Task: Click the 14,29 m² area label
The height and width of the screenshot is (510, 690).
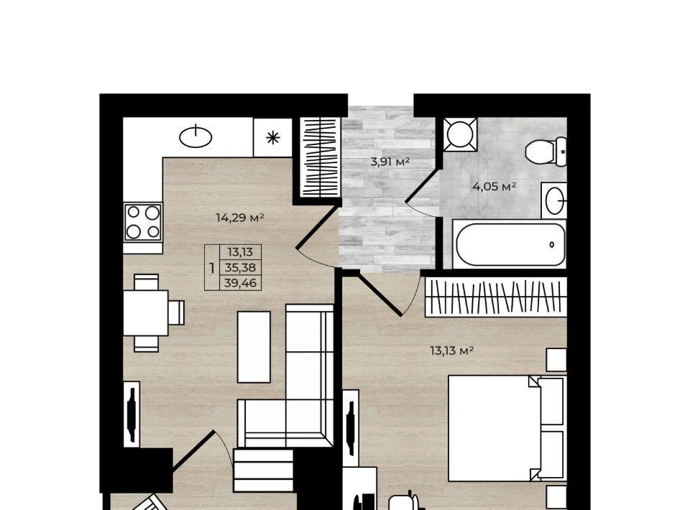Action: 240,217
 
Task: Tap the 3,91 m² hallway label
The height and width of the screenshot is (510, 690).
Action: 390,162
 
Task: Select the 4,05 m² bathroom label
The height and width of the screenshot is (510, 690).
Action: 494,187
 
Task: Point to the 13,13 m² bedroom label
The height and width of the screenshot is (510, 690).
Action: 452,351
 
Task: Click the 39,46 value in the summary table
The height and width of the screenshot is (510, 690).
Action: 240,283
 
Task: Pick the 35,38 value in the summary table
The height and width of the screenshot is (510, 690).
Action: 240,267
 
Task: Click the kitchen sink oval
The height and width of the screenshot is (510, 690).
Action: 195,136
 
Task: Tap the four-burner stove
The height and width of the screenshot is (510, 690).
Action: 143,222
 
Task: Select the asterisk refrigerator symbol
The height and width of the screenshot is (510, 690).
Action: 273,138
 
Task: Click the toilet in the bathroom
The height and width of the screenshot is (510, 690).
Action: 546,152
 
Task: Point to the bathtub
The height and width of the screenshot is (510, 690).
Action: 510,244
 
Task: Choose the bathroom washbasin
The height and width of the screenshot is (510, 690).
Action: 554,200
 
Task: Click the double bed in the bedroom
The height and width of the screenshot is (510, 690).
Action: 507,428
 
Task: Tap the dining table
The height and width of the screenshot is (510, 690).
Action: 146,312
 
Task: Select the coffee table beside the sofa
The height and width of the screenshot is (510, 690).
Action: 254,347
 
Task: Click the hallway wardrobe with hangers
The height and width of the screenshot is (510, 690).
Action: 320,157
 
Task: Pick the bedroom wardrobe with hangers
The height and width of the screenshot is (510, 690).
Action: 496,297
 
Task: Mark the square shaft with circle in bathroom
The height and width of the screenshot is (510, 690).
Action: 460,134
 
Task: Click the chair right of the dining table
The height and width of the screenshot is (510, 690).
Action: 177,312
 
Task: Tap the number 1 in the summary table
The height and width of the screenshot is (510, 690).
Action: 212,268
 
